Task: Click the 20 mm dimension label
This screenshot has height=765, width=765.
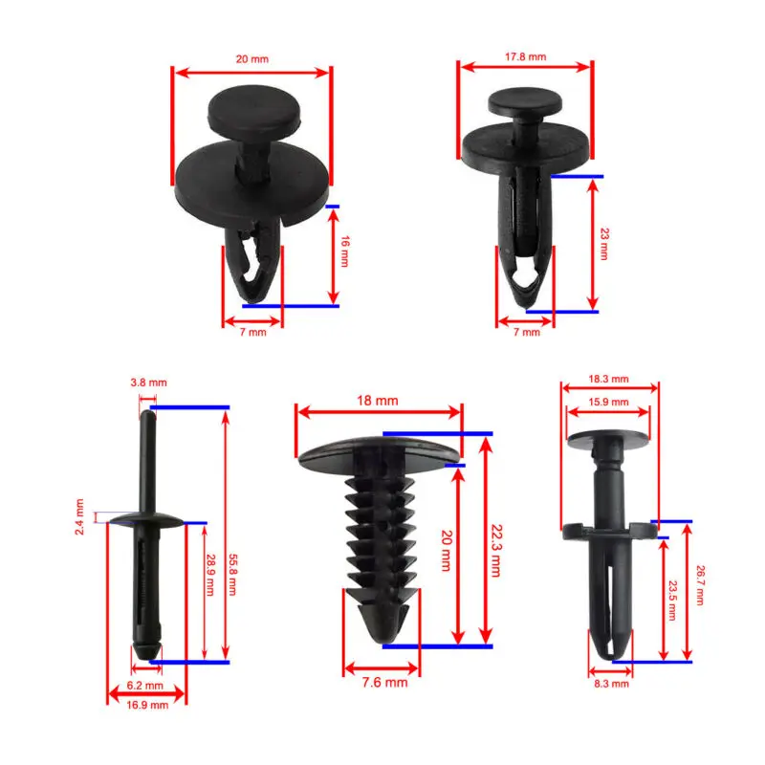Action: [252, 59]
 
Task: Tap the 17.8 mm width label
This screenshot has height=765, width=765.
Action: [525, 56]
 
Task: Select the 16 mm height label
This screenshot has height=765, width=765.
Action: [345, 251]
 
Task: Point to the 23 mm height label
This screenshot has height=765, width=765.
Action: [604, 244]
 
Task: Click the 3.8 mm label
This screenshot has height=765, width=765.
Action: [149, 382]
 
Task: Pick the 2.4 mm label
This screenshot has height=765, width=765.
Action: [79, 516]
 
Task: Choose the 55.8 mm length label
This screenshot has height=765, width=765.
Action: [232, 575]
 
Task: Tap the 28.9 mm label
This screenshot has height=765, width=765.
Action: [210, 575]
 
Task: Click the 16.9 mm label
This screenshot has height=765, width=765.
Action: [147, 705]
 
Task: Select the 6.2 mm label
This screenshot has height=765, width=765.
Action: [145, 686]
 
